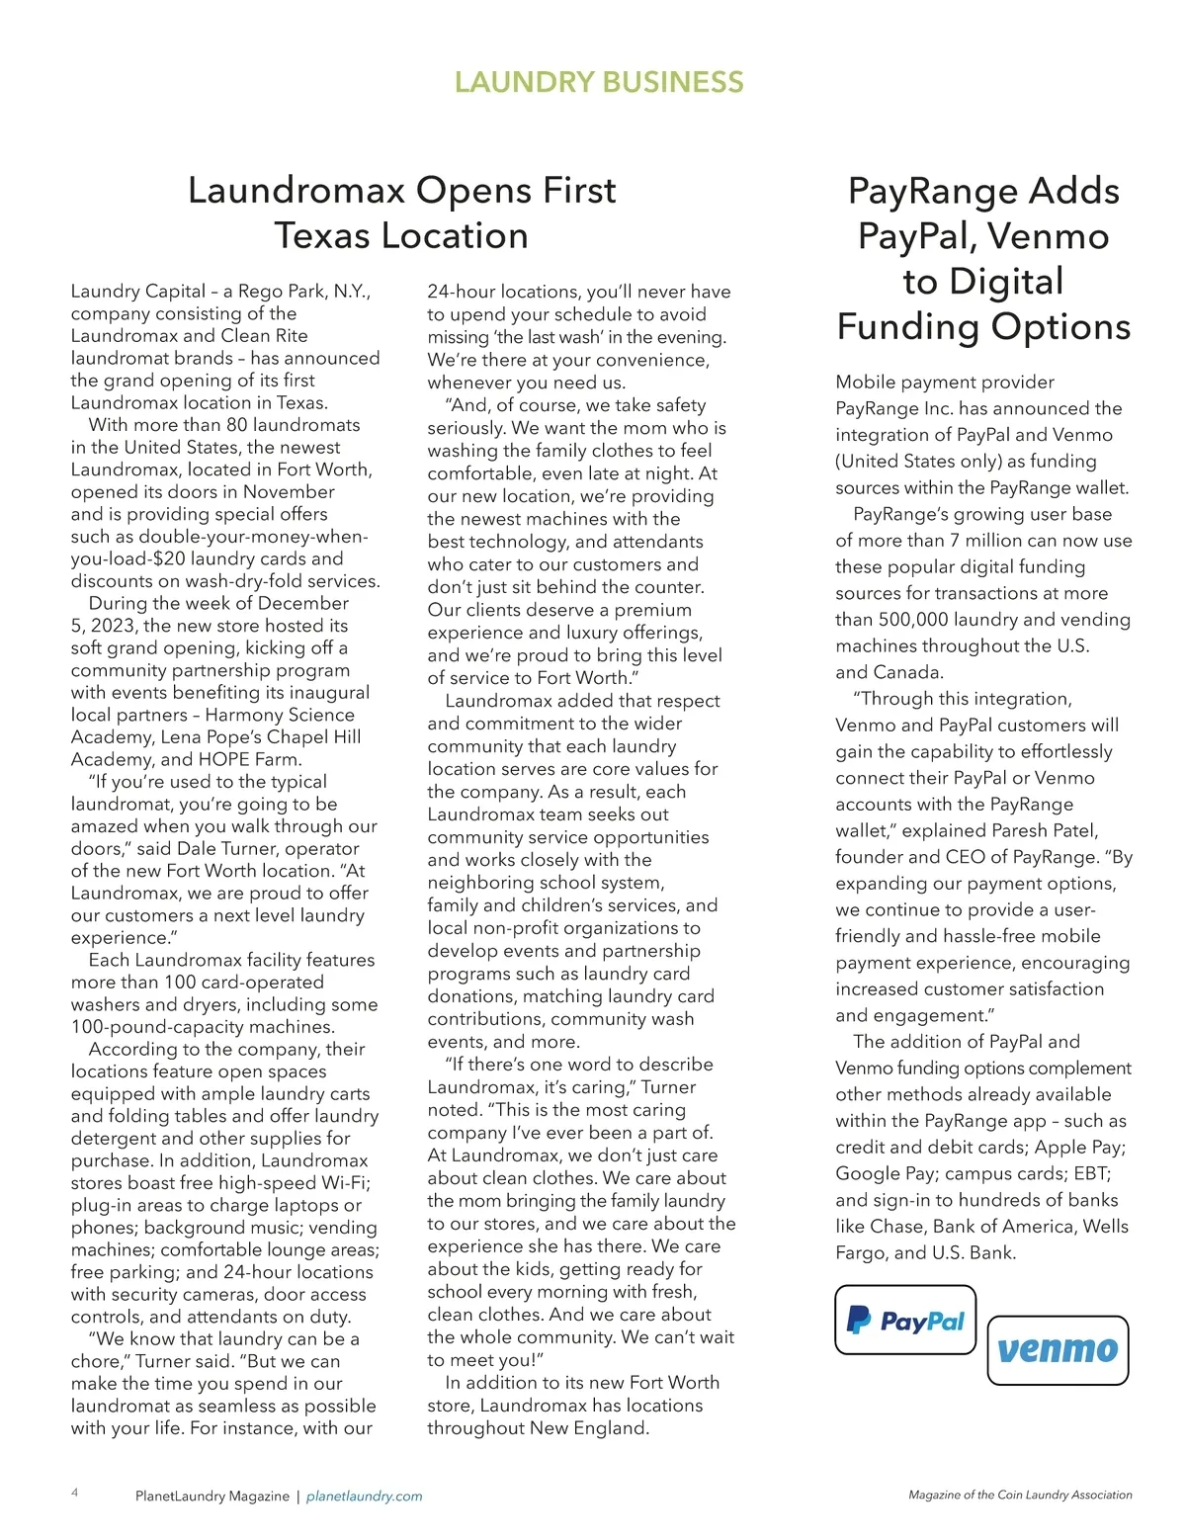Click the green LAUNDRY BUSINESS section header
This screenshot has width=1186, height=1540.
coord(599,82)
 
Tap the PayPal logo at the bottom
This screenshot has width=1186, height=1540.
coord(905,1321)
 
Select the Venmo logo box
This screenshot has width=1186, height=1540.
coord(1058,1350)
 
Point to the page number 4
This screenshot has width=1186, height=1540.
coord(75,1493)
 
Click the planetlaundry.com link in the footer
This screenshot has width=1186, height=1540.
coord(365,1497)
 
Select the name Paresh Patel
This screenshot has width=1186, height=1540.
coord(1045,830)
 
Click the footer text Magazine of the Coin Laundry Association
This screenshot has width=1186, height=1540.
coord(1020,1496)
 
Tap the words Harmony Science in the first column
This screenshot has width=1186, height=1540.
coord(280,715)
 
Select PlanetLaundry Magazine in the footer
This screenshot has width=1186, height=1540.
coord(212,1497)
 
